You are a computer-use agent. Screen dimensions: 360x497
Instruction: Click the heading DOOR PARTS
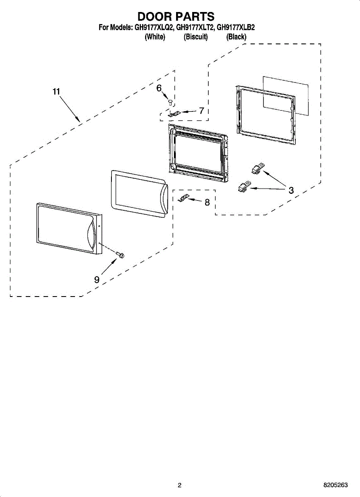click(176, 17)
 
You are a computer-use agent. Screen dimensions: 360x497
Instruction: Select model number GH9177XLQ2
click(153, 27)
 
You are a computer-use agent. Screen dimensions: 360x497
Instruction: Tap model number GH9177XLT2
click(194, 27)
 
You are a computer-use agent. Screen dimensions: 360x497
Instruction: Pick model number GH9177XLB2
click(235, 27)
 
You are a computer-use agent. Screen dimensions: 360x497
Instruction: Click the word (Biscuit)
click(196, 36)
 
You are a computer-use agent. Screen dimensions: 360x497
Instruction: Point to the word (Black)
click(236, 36)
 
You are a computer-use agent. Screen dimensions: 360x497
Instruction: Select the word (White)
click(155, 36)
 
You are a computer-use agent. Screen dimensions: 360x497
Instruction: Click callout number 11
click(56, 92)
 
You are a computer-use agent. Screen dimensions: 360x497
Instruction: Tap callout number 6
click(159, 88)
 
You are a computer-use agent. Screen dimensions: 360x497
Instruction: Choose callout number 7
click(201, 111)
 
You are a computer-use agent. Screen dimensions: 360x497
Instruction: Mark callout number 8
click(207, 202)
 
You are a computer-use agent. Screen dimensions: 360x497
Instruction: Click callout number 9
click(97, 280)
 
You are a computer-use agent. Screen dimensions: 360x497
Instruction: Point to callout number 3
click(291, 190)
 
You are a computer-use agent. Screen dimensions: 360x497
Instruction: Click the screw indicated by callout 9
click(120, 255)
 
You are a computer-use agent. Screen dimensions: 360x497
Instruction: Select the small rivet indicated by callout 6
click(170, 103)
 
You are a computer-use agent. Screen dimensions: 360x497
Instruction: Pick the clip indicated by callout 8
click(184, 198)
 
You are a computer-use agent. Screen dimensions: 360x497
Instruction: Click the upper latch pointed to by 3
click(258, 169)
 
